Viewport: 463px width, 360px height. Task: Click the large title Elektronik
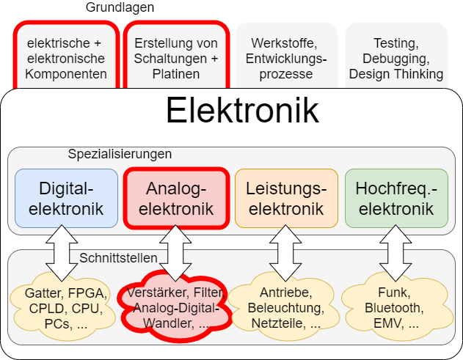(x=241, y=111)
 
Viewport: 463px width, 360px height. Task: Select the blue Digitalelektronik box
(x=66, y=198)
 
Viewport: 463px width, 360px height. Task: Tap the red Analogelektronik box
(x=175, y=198)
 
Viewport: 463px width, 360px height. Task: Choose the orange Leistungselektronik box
(x=286, y=198)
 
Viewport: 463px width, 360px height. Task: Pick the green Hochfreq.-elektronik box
(x=396, y=198)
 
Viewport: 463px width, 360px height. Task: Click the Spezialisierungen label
(x=120, y=154)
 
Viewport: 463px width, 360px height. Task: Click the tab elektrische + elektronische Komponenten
(x=65, y=58)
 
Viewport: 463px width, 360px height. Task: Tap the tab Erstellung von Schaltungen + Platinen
(x=176, y=58)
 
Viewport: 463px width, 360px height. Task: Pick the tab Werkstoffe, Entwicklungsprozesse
(x=286, y=58)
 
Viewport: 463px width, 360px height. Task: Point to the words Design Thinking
(x=396, y=74)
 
